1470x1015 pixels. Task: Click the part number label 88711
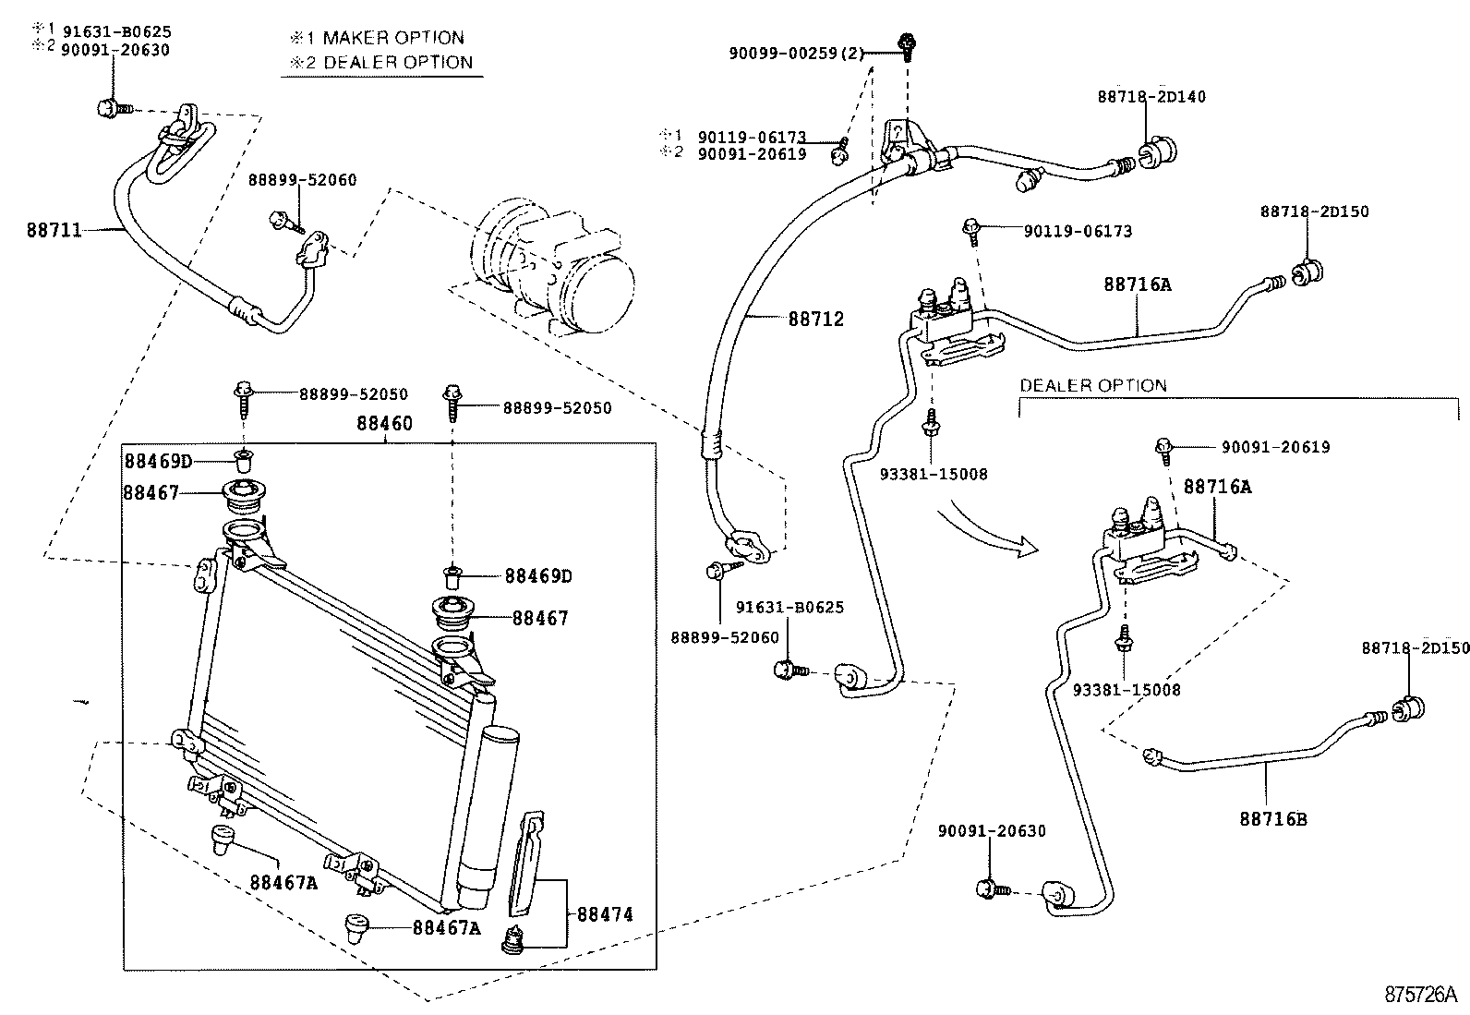pyautogui.click(x=54, y=230)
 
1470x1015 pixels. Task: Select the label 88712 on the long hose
pyautogui.click(x=815, y=320)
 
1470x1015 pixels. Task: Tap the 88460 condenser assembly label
pyautogui.click(x=384, y=424)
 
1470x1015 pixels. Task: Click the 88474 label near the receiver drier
pyautogui.click(x=605, y=914)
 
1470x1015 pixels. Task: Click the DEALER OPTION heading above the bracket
pyautogui.click(x=1092, y=385)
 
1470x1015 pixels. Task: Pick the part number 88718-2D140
pyautogui.click(x=1151, y=96)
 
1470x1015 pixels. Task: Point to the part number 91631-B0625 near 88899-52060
pyautogui.click(x=789, y=607)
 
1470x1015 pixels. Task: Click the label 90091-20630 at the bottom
pyautogui.click(x=992, y=830)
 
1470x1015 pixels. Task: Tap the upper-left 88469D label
pyautogui.click(x=159, y=461)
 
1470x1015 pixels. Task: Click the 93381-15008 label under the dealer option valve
pyautogui.click(x=1127, y=690)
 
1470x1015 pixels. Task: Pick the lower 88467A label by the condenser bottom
pyautogui.click(x=446, y=928)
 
